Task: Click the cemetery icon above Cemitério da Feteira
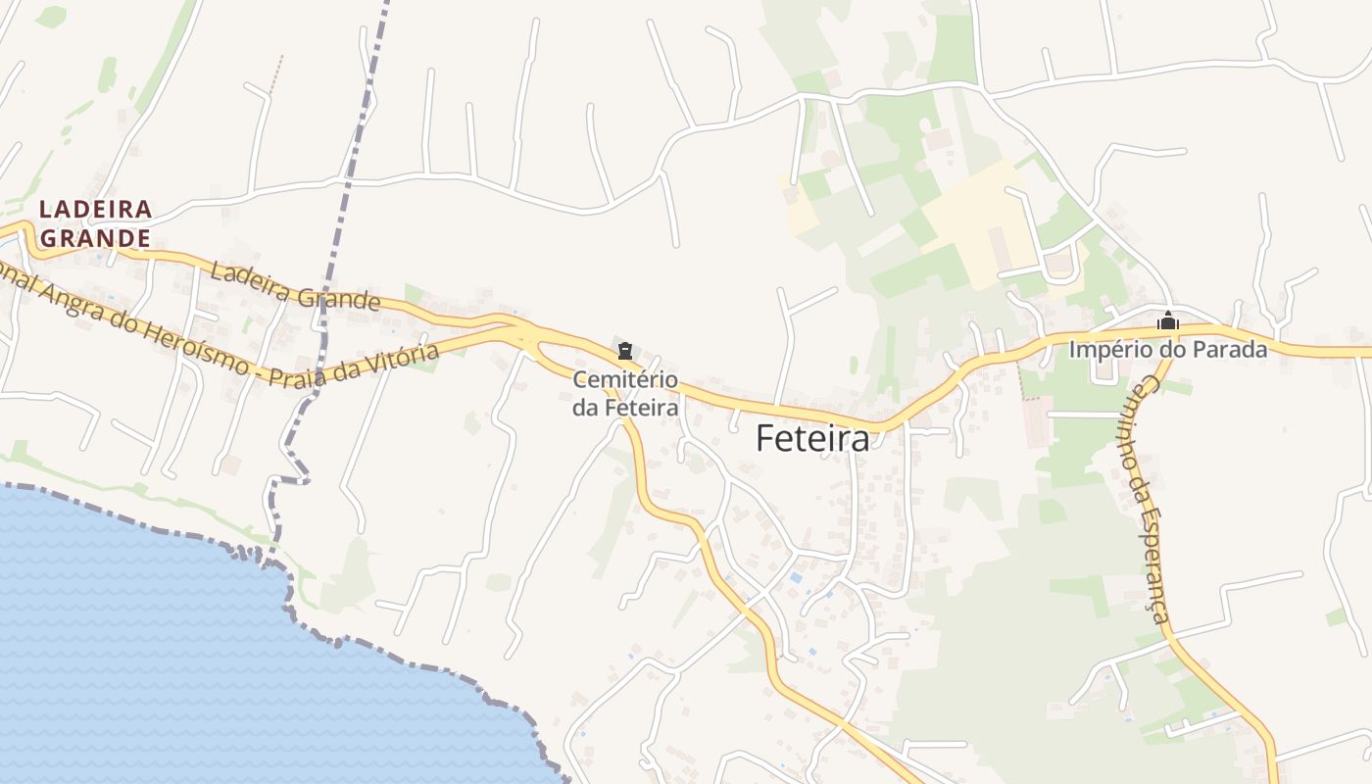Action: (625, 350)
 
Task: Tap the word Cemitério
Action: (625, 379)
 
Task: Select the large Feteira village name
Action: (812, 439)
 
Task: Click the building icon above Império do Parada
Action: (1167, 320)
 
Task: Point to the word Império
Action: (1107, 349)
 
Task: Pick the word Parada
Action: (1233, 349)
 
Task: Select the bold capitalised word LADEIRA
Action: (95, 209)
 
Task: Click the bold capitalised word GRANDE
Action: (95, 238)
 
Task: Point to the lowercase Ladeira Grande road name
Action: (294, 287)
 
